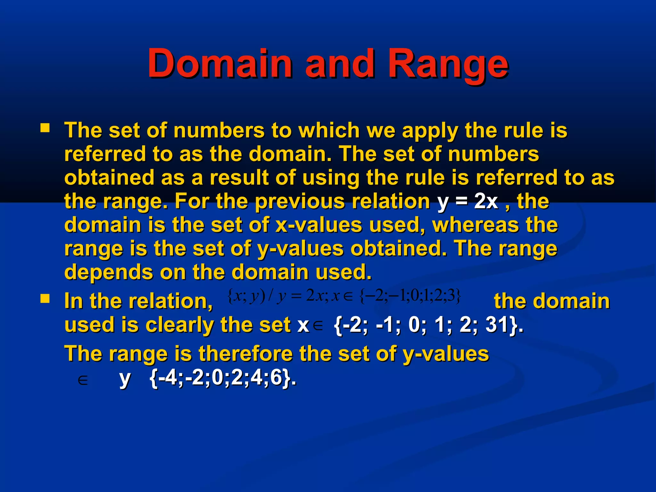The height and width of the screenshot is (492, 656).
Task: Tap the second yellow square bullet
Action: (x=45, y=299)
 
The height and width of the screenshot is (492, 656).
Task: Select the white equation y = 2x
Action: (x=467, y=201)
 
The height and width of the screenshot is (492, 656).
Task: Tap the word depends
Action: (x=109, y=272)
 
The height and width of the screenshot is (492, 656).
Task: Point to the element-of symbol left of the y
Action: (x=83, y=381)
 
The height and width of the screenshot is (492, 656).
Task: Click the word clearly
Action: (x=180, y=325)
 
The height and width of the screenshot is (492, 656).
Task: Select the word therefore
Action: (x=245, y=354)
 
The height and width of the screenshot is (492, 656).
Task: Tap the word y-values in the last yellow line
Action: (x=446, y=354)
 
